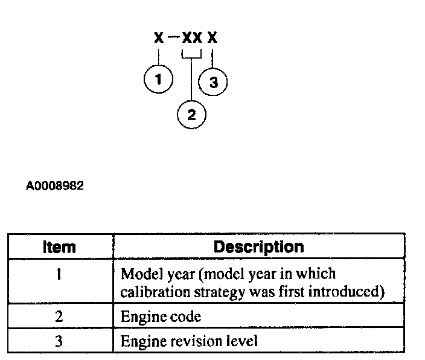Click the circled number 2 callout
[192, 115]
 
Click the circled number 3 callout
[213, 83]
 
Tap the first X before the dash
[158, 38]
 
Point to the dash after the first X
[173, 37]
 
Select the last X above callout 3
[212, 38]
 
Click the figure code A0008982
[54, 186]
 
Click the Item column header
[60, 247]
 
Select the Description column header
[259, 246]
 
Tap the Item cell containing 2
[59, 316]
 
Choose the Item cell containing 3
[59, 341]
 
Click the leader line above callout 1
[159, 57]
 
